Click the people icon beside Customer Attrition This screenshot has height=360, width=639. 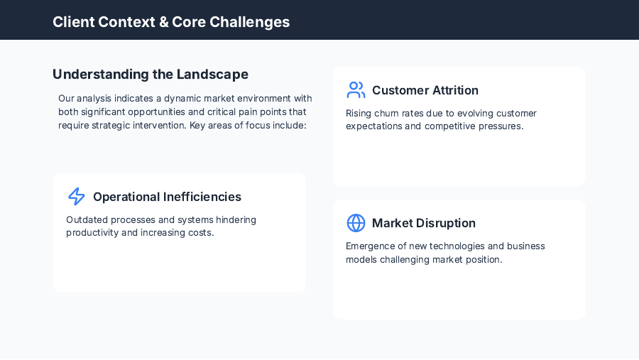tap(356, 90)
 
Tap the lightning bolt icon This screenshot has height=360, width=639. tap(77, 197)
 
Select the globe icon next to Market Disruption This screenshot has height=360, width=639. tap(356, 223)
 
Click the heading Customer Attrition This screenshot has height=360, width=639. tap(425, 90)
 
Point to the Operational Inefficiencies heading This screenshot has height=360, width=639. tap(167, 197)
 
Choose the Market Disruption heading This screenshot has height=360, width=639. tap(423, 223)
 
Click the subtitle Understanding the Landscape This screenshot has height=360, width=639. tap(151, 74)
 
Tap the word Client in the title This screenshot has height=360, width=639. tap(74, 22)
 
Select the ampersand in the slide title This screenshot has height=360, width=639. tap(163, 22)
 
